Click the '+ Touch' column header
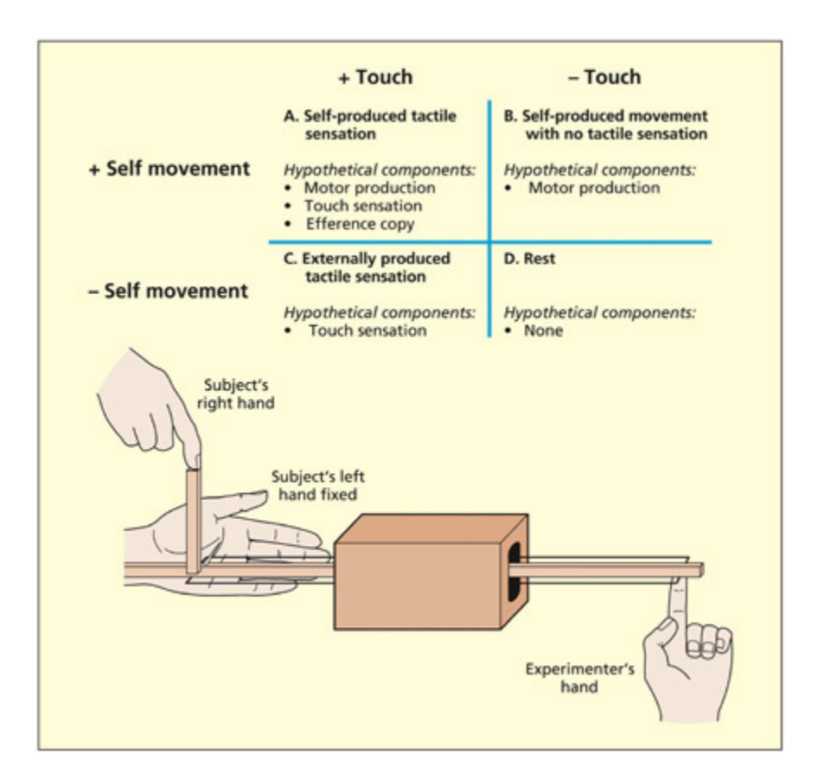pyautogui.click(x=374, y=77)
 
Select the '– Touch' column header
pyautogui.click(x=604, y=77)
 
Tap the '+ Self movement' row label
pyautogui.click(x=169, y=168)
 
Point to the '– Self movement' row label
pyautogui.click(x=169, y=291)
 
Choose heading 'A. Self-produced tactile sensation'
pyautogui.click(x=369, y=125)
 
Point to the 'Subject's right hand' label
pyautogui.click(x=234, y=394)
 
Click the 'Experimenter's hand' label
pyautogui.click(x=563, y=678)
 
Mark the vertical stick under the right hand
pyautogui.click(x=193, y=519)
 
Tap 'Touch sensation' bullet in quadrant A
pyautogui.click(x=362, y=206)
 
